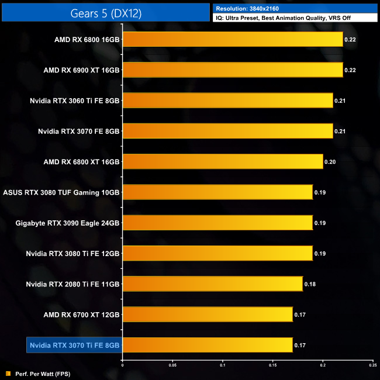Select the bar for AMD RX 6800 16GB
tap(233, 39)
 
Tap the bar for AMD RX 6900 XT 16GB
tap(233, 70)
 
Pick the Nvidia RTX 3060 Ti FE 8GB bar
tap(227, 101)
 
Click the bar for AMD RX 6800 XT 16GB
tap(223, 161)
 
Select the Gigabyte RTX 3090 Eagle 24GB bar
tap(217, 223)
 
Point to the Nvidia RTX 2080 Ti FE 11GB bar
tap(213, 284)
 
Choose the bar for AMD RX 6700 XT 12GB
tap(208, 315)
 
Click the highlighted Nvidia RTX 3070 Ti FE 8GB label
tap(74, 346)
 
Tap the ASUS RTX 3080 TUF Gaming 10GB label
tap(61, 192)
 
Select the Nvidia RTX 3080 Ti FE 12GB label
tap(73, 254)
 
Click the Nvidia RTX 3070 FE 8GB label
tap(78, 131)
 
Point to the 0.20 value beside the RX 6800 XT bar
tap(330, 162)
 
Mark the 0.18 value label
tap(310, 284)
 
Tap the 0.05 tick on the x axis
tap(172, 366)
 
